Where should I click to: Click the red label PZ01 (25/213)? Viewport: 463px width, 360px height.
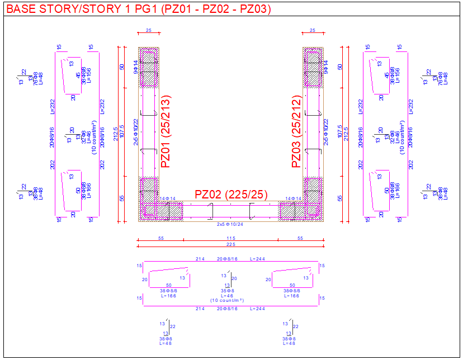[x=166, y=132]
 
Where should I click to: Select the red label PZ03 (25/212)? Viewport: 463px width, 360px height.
[x=297, y=132]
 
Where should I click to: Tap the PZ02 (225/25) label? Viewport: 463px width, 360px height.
[x=231, y=195]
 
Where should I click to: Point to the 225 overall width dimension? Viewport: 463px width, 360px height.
[x=230, y=245]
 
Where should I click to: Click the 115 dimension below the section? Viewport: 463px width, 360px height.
[x=230, y=238]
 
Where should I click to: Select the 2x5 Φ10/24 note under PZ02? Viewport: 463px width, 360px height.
[x=230, y=224]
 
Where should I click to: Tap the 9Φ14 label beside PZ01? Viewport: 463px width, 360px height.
[x=135, y=67]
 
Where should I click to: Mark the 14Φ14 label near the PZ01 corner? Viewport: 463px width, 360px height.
[x=167, y=198]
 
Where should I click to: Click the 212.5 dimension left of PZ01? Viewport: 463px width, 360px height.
[x=116, y=134]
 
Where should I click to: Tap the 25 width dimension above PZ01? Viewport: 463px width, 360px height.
[x=148, y=31]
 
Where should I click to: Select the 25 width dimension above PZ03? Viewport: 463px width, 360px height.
[x=312, y=31]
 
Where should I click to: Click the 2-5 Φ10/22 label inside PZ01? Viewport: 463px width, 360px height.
[x=135, y=132]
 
